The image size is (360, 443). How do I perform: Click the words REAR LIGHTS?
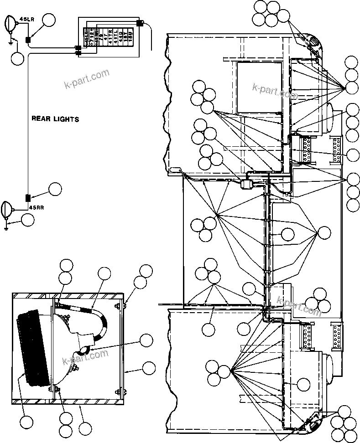coord(55,119)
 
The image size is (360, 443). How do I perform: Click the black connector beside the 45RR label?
coord(27,197)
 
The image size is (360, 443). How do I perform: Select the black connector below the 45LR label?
coord(28,40)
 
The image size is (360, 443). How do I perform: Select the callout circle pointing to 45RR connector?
coord(55,189)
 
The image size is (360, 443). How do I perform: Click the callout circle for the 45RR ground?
coord(28,220)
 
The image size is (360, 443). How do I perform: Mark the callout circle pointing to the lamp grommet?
coord(146,340)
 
